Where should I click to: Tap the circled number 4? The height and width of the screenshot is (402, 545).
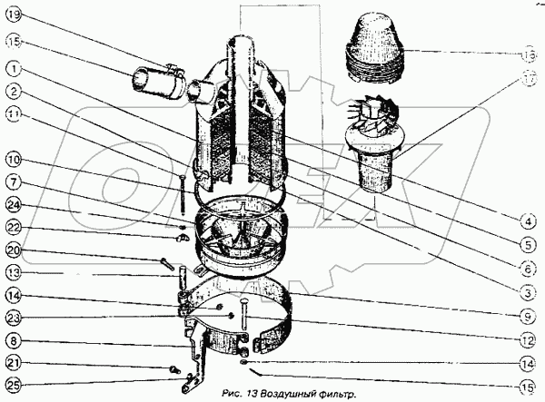[x=528, y=219]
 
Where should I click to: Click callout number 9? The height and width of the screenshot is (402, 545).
[x=528, y=316]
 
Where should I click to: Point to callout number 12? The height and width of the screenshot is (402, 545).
[x=528, y=341]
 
